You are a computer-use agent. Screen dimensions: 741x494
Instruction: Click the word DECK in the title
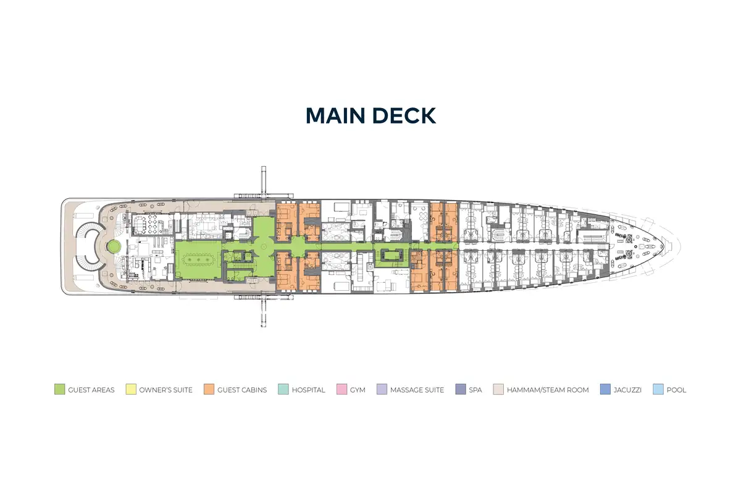tap(404, 115)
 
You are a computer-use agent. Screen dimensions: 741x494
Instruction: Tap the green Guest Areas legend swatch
tap(59, 389)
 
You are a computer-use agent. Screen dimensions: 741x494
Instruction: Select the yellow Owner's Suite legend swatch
tap(131, 389)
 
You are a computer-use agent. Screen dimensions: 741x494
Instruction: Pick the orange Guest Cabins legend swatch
tap(209, 389)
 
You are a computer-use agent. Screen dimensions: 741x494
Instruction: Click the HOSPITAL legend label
tap(308, 390)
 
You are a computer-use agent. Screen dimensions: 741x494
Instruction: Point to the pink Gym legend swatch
tap(341, 389)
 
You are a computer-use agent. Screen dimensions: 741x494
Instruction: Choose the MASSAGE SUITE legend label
tap(417, 390)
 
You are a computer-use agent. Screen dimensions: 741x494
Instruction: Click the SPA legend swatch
tap(461, 389)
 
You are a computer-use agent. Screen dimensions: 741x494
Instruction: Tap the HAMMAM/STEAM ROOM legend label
tap(548, 390)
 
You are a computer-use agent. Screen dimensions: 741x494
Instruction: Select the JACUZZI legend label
tap(627, 390)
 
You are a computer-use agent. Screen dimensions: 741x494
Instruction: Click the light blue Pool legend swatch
tap(658, 389)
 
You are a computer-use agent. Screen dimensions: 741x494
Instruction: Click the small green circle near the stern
tap(114, 246)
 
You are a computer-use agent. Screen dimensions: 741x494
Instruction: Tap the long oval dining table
tap(198, 259)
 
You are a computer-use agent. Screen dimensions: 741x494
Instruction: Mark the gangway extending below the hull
tap(264, 311)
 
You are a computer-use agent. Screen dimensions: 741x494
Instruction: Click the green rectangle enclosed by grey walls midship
tap(392, 255)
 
